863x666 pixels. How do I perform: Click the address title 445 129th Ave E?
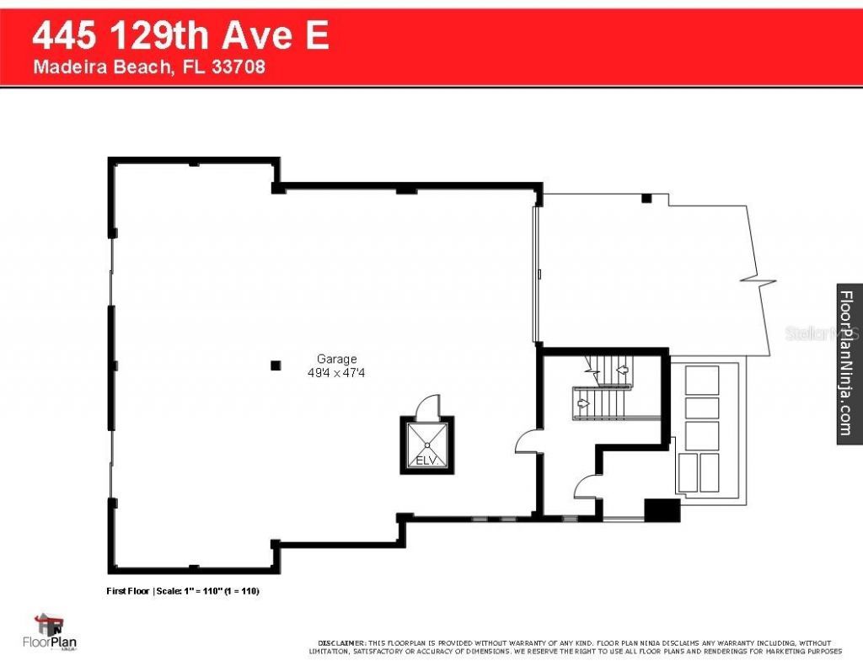click(x=180, y=37)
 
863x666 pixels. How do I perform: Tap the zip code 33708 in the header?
click(x=239, y=67)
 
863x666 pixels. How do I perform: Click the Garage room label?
click(x=337, y=359)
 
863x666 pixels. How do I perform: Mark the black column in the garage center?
click(x=275, y=365)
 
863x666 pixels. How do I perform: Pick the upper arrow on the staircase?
click(x=622, y=369)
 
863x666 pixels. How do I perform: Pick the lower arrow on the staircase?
click(x=582, y=402)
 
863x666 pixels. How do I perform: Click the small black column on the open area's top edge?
click(x=646, y=198)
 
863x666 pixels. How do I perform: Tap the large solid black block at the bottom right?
click(x=662, y=510)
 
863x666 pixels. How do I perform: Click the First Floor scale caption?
click(x=182, y=591)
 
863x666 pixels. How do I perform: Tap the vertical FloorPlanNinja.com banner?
click(x=848, y=362)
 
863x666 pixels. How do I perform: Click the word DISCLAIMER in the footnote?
click(x=340, y=642)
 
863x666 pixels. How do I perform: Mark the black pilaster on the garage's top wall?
click(x=406, y=190)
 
